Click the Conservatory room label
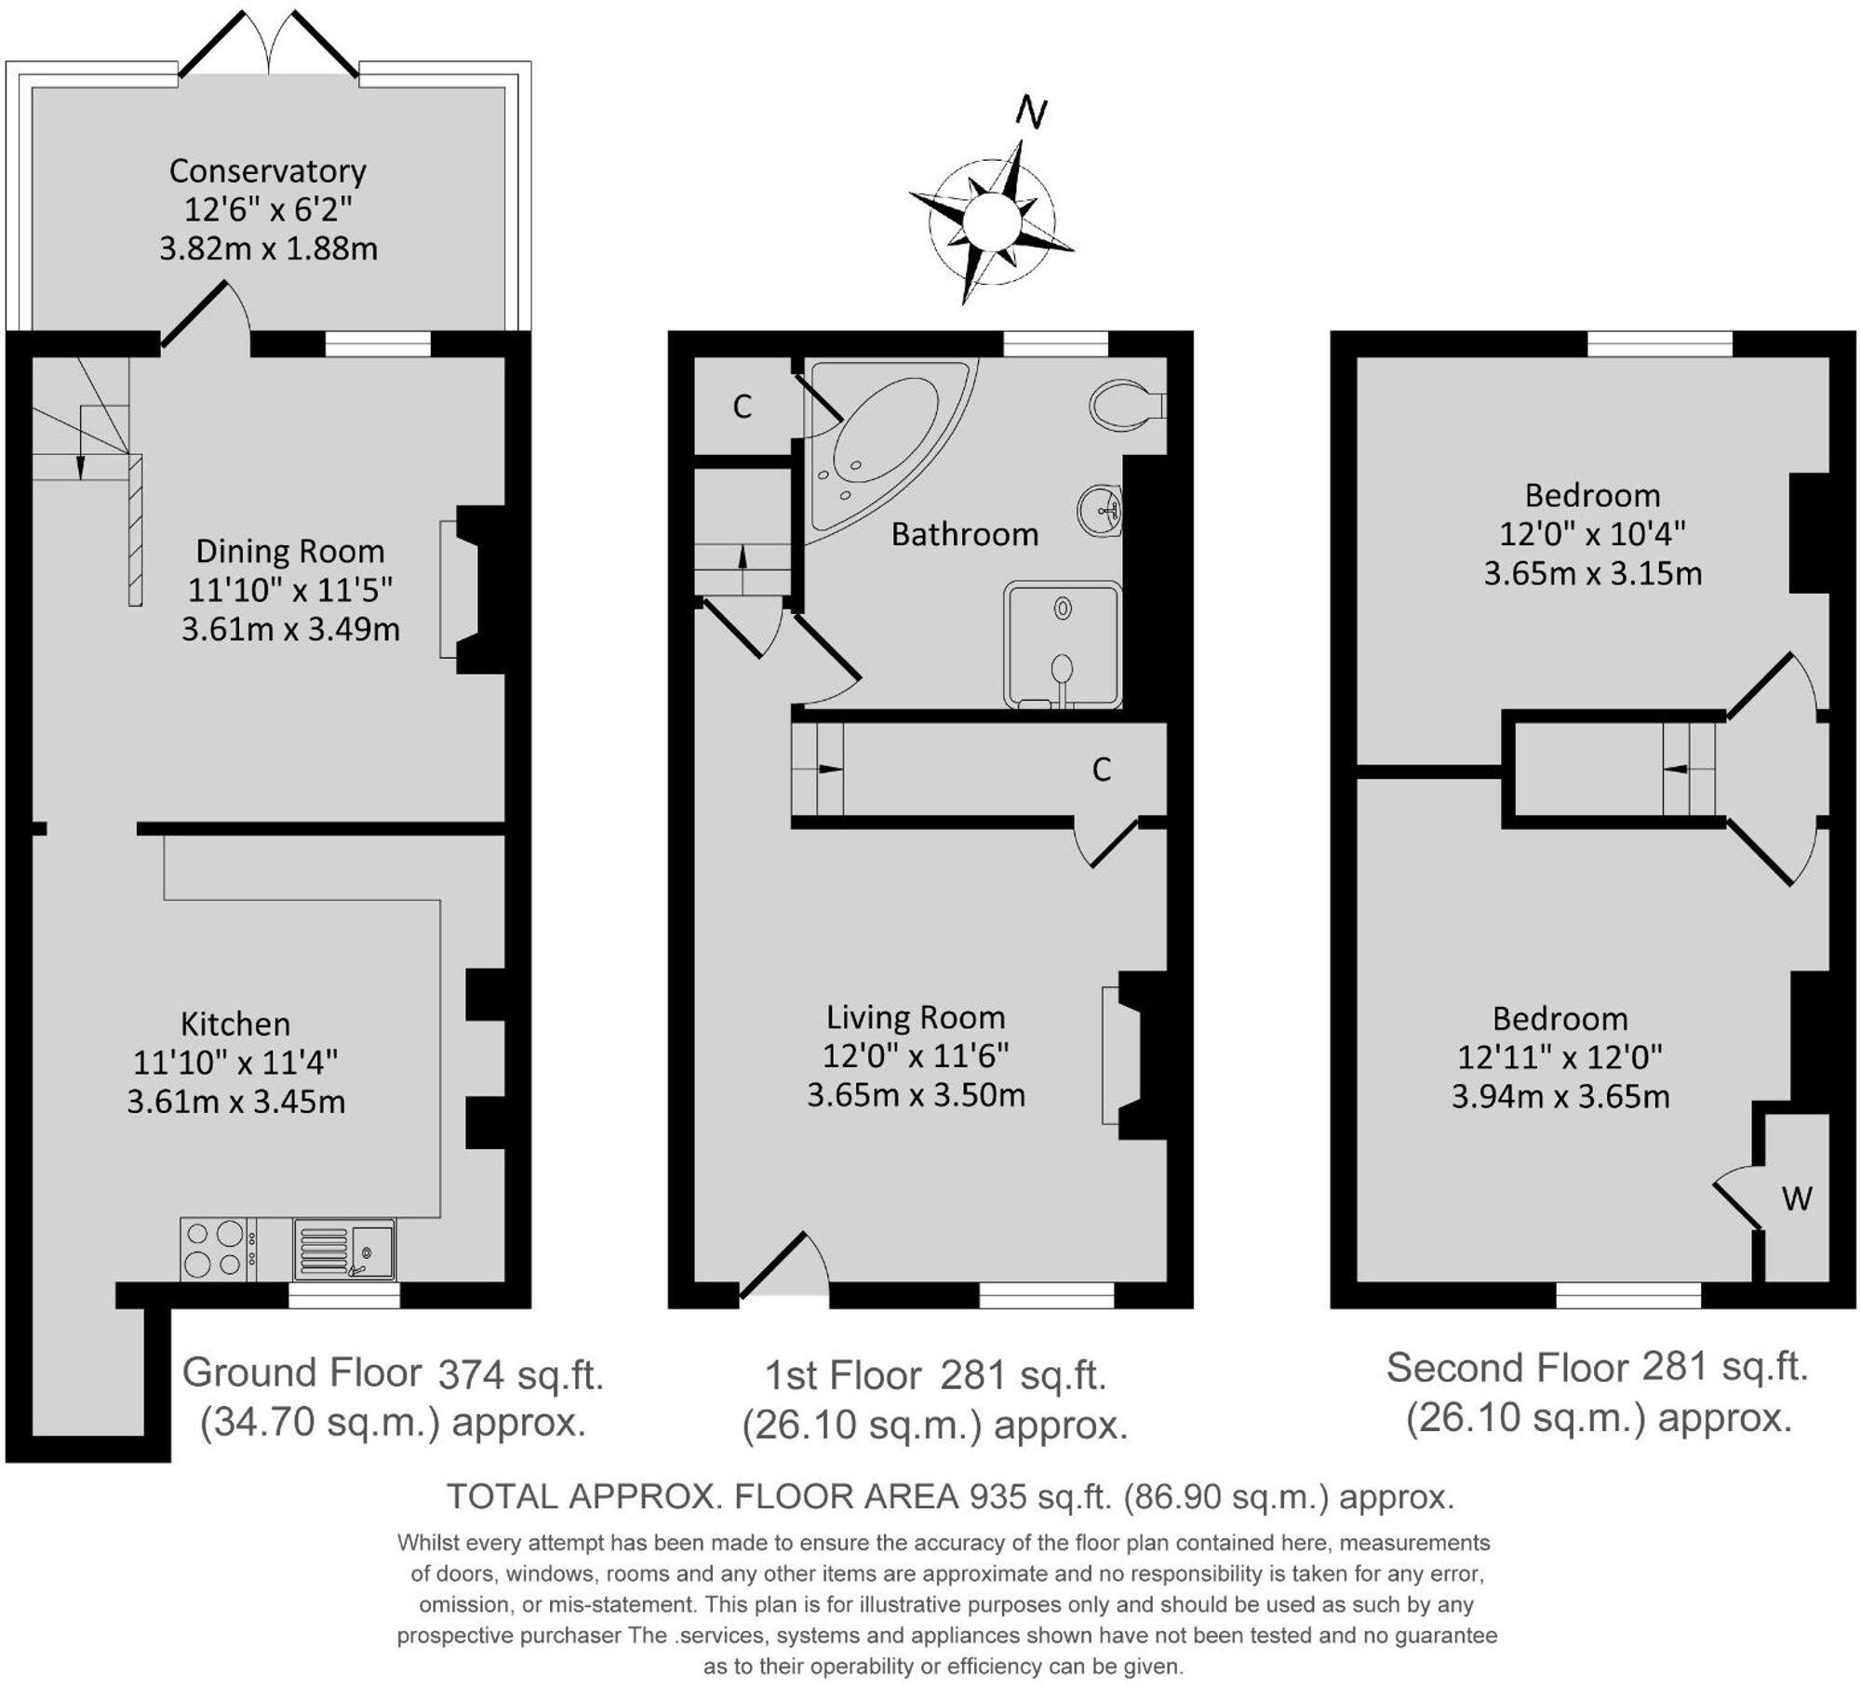267,171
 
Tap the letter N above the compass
1031,113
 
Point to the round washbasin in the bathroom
1101,511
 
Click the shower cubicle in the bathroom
1063,644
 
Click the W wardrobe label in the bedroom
1796,1198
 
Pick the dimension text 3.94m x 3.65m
1560,1097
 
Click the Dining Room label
289,552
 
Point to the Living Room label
915,1017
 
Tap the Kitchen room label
235,1024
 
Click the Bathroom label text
964,534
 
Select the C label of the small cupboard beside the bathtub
742,407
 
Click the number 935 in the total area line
993,1496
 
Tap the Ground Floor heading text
301,1372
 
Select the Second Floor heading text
1506,1368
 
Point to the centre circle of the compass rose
992,222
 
